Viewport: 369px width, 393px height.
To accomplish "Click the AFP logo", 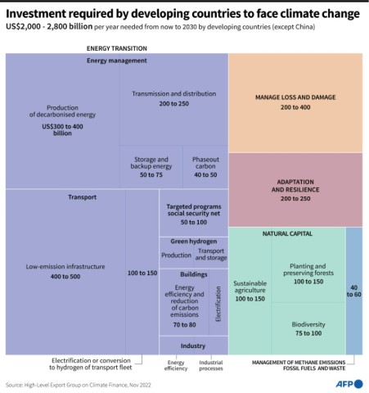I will point(347,382).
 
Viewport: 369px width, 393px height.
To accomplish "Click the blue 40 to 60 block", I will point(353,291).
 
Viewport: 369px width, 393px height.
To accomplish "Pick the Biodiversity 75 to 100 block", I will point(308,328).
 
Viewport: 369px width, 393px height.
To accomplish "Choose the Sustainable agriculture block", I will point(250,291).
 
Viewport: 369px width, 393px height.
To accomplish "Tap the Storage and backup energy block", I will point(151,167).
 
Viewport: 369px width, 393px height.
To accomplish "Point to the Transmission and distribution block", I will point(172,99).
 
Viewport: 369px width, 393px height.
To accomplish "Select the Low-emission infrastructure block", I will point(64,271).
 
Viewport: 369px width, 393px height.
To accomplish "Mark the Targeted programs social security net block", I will point(193,215).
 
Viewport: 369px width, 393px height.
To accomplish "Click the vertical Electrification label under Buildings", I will point(218,304).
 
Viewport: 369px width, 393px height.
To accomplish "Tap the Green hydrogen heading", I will point(193,242).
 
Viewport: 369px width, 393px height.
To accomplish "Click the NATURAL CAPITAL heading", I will point(286,234).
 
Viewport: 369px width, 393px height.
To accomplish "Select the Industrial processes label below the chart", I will point(211,365).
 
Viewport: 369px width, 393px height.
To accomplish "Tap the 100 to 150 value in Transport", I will point(142,272).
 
